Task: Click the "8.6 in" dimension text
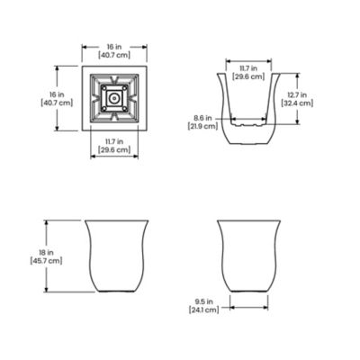(x=205, y=118)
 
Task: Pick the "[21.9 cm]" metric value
(x=205, y=127)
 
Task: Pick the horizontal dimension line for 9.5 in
(x=247, y=305)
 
